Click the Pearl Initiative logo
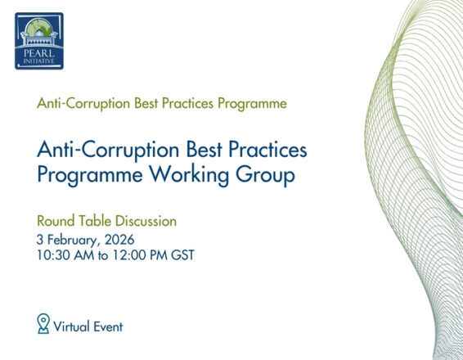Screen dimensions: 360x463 (x=40, y=41)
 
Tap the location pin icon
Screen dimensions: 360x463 (x=44, y=324)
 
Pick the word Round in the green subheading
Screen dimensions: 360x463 (x=55, y=221)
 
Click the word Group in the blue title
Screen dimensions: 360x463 (x=260, y=177)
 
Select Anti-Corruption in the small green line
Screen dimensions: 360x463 (x=81, y=105)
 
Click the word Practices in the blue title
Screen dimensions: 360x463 (x=262, y=151)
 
